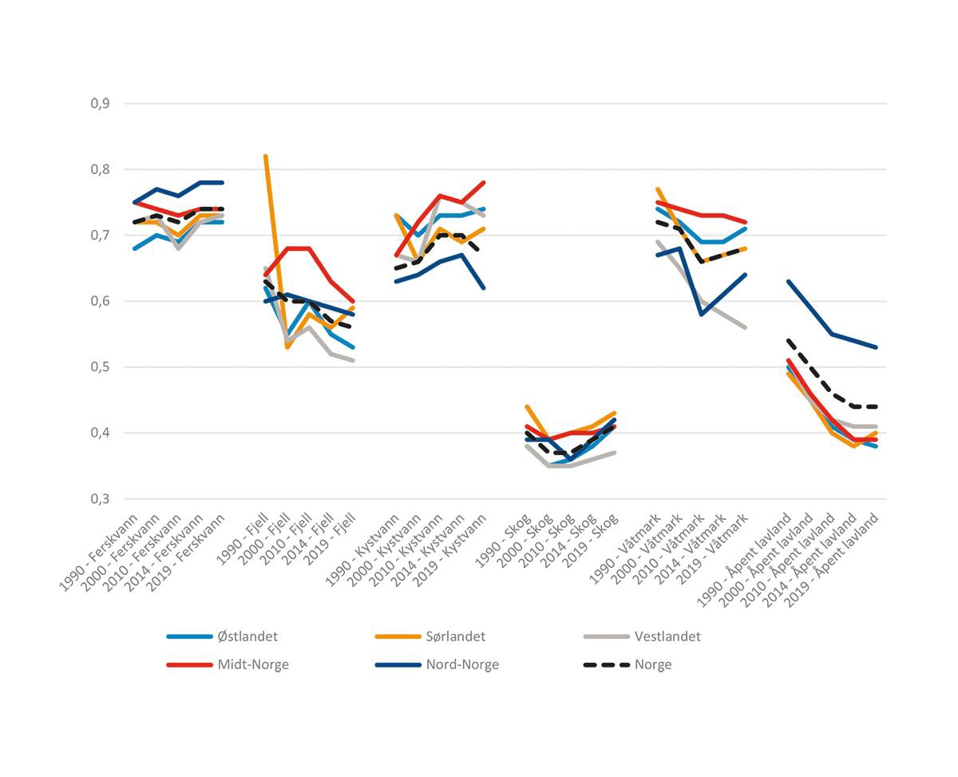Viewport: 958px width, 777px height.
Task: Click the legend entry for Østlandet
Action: [x=247, y=636]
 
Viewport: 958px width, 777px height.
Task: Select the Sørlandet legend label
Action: [x=455, y=636]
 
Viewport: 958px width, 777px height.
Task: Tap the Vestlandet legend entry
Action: [x=667, y=636]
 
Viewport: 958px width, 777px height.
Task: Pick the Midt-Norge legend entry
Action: [x=253, y=664]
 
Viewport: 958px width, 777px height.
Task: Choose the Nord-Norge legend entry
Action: [x=462, y=664]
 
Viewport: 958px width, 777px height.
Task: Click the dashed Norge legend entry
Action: [x=653, y=664]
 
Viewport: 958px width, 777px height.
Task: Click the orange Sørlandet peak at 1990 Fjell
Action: [x=265, y=157]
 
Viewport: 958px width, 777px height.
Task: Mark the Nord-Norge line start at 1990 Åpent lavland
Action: [x=789, y=281]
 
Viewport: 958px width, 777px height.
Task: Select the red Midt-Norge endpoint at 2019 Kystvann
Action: [x=485, y=183]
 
